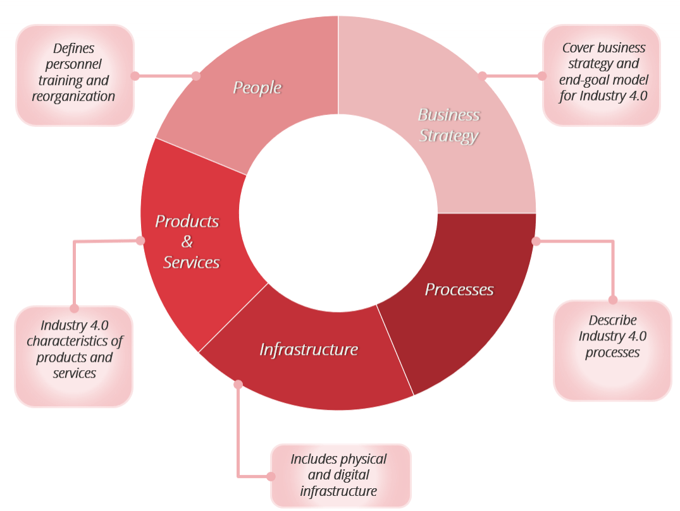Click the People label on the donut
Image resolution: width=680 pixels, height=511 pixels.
pyautogui.click(x=257, y=87)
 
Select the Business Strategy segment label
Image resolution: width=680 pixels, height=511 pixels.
pyautogui.click(x=449, y=125)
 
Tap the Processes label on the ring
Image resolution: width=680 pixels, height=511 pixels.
pyautogui.click(x=459, y=289)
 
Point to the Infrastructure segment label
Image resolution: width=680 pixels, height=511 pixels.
pyautogui.click(x=309, y=349)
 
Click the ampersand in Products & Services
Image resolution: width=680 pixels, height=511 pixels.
pyautogui.click(x=187, y=241)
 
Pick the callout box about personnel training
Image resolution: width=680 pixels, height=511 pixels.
pyautogui.click(x=75, y=75)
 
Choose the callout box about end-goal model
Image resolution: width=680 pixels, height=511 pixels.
pyautogui.click(x=602, y=75)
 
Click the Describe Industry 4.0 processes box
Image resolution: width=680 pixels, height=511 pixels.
pyautogui.click(x=612, y=351)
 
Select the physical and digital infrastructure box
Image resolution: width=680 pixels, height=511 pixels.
pyautogui.click(x=341, y=476)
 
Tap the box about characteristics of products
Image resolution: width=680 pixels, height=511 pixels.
pyautogui.click(x=74, y=356)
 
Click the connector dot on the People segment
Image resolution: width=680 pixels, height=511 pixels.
pyautogui.click(x=196, y=76)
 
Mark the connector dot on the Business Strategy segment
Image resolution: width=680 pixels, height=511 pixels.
pyautogui.click(x=482, y=76)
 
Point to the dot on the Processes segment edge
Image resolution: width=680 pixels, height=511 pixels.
pyautogui.click(x=536, y=241)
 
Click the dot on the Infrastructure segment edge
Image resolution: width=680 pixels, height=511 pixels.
pyautogui.click(x=238, y=384)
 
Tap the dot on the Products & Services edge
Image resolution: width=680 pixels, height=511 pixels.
pyautogui.click(x=140, y=241)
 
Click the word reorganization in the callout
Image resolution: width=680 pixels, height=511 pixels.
pyautogui.click(x=73, y=97)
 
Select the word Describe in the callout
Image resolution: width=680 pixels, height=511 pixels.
pyautogui.click(x=612, y=320)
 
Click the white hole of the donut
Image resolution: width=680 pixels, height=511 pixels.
pyautogui.click(x=338, y=213)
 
